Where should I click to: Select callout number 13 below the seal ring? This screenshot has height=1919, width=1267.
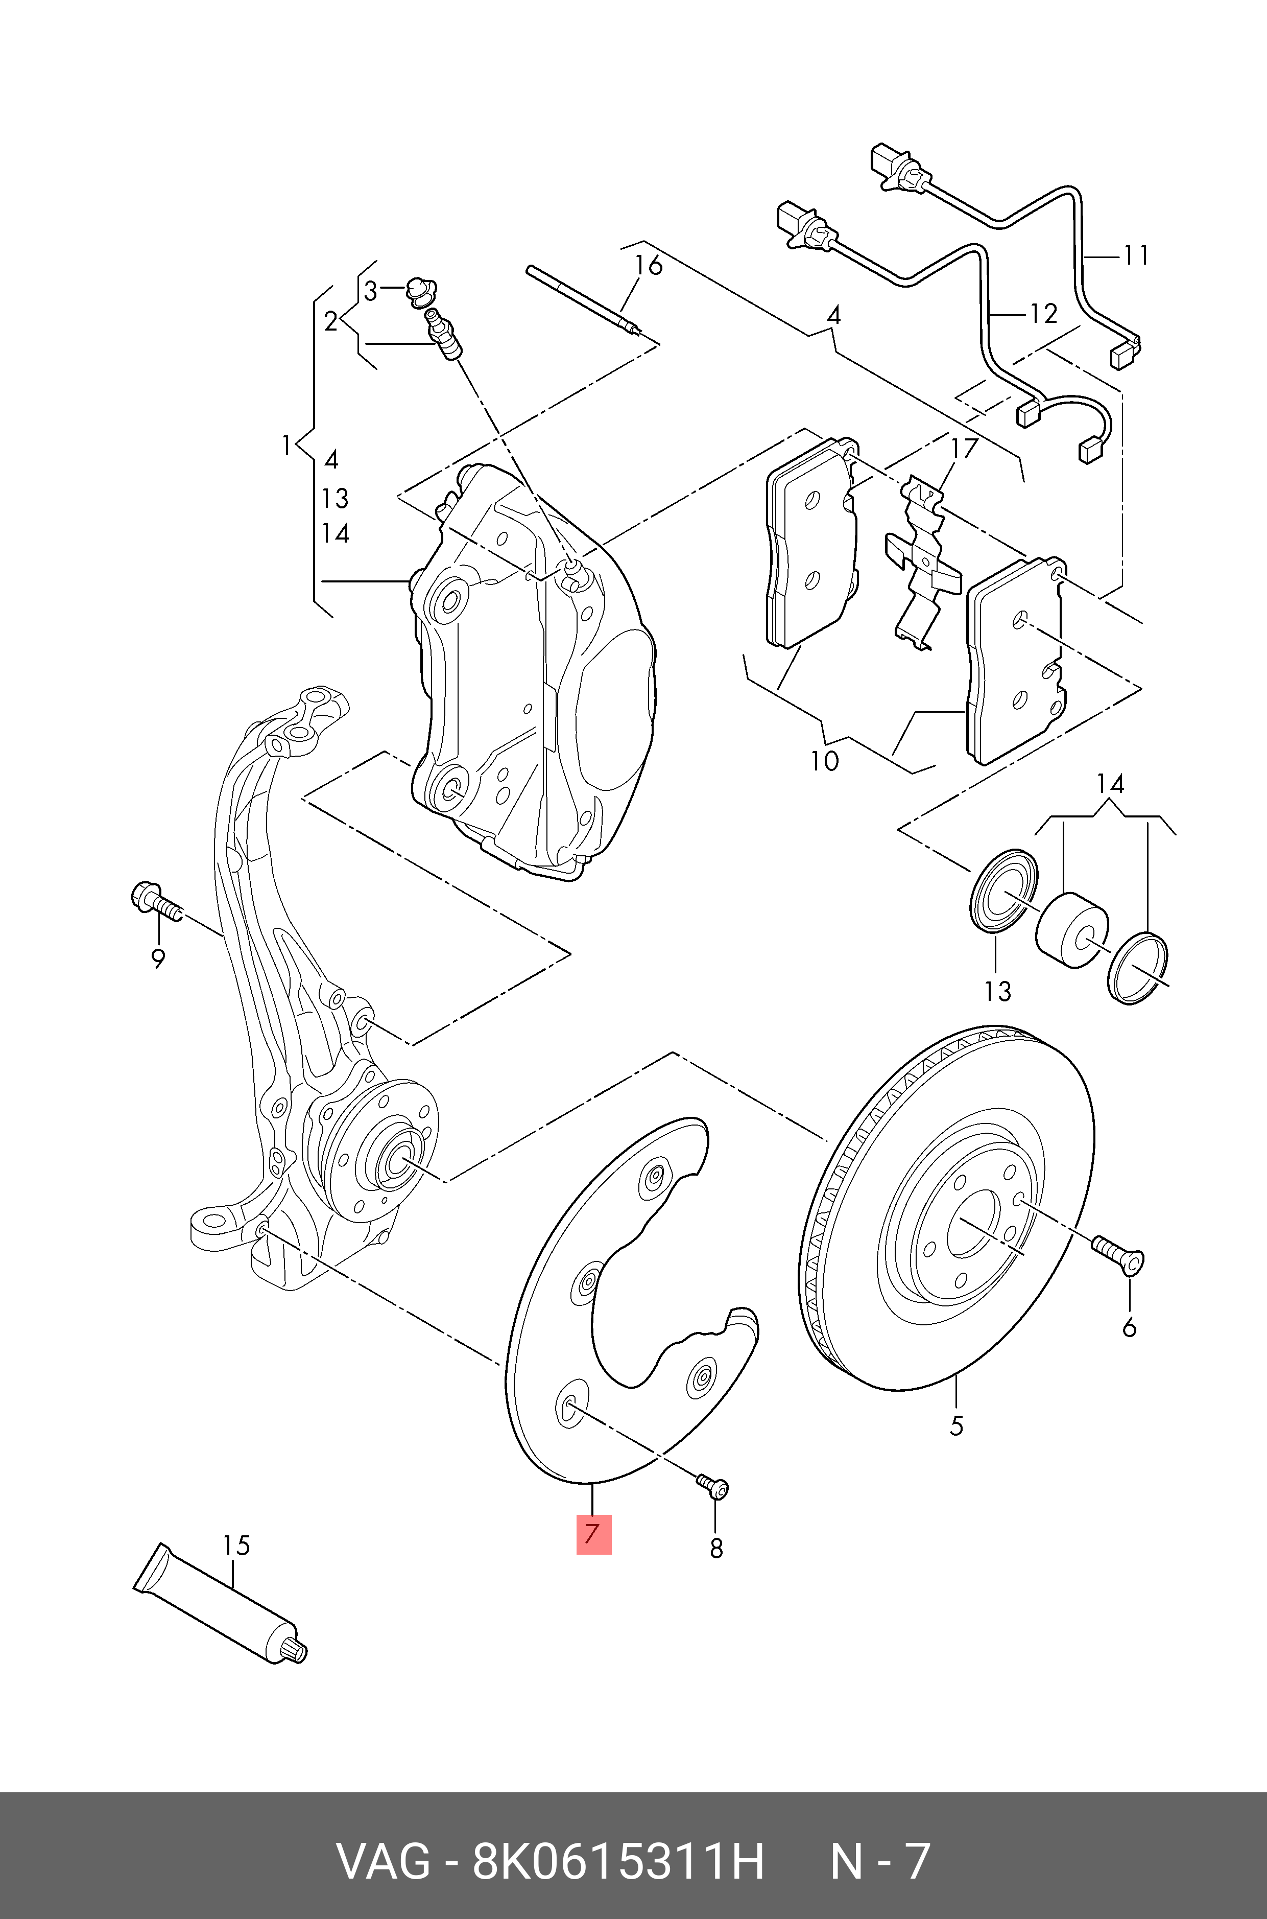coord(998,990)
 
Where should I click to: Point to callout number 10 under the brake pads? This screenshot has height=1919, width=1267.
coord(825,761)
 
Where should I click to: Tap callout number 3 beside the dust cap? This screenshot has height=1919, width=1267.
coord(370,291)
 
